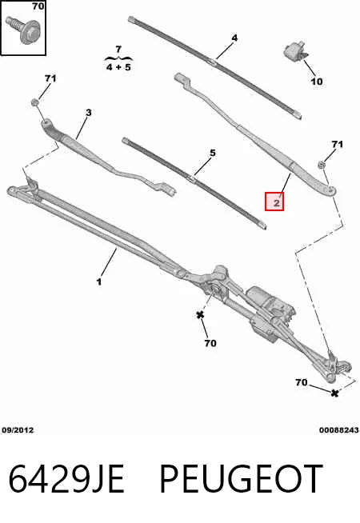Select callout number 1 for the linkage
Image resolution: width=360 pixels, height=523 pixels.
click(x=98, y=281)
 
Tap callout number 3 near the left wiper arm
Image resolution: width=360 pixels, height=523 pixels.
click(x=88, y=113)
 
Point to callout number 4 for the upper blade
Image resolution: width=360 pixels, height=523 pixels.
click(x=234, y=38)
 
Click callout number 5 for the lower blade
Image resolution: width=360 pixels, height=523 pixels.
click(x=213, y=153)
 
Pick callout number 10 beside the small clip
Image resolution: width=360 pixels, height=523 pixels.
click(x=317, y=81)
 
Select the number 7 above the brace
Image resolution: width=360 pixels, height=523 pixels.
click(x=118, y=50)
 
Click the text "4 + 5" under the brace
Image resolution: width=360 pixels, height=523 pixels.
click(x=118, y=67)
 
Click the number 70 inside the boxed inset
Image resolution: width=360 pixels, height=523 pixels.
click(x=38, y=6)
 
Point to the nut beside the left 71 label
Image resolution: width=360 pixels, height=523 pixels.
click(x=34, y=102)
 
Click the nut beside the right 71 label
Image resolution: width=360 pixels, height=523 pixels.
click(x=322, y=165)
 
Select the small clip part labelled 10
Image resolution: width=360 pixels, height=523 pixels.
click(x=295, y=51)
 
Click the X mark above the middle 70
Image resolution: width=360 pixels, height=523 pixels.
click(x=200, y=314)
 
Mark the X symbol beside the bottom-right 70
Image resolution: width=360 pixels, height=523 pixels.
click(x=334, y=393)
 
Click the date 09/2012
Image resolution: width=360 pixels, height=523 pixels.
click(x=18, y=430)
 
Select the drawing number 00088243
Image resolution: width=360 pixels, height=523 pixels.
click(x=339, y=430)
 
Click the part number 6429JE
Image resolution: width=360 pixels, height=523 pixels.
click(x=66, y=479)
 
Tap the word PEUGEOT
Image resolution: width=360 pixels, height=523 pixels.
click(x=242, y=479)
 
